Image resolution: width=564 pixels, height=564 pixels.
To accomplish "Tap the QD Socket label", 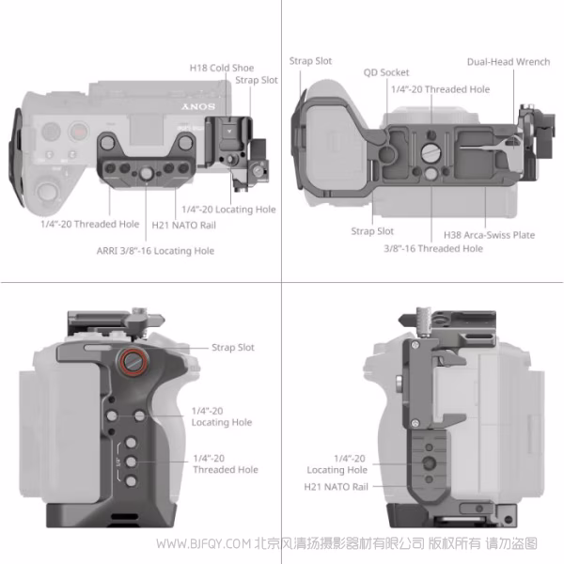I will coord(386,72).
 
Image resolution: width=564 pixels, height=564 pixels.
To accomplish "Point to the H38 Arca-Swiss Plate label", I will coord(489,235).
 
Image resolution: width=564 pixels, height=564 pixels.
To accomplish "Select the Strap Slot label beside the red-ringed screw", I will coord(233,348).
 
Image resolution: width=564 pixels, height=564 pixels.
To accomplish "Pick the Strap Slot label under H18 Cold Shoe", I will coord(257,81).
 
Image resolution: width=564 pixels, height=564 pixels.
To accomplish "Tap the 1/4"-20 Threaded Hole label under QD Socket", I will coord(440,89).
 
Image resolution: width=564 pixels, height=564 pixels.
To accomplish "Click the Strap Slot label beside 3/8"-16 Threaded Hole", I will coord(372,231).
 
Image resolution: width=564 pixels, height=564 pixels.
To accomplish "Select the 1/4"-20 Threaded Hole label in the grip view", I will coord(226,463).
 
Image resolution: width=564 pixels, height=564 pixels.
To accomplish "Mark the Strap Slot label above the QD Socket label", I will coord(310,62).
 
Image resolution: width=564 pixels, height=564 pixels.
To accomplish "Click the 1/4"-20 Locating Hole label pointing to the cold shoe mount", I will coord(228,210).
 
